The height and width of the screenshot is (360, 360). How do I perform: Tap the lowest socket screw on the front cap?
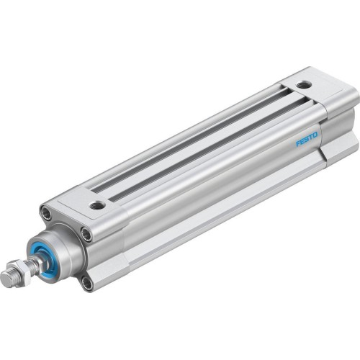(x=87, y=282)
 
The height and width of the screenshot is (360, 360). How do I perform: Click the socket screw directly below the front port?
(x=87, y=234)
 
